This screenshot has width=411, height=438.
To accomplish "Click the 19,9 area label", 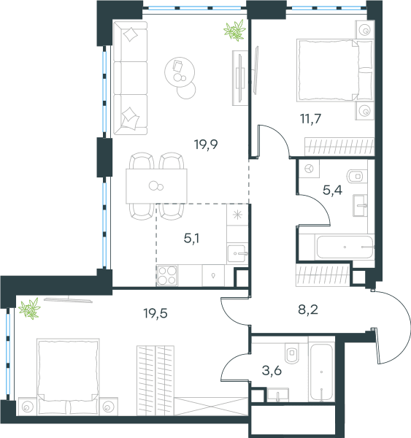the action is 206,145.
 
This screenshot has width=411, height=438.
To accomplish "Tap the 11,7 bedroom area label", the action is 311,119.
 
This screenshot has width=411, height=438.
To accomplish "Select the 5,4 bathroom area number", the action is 332,191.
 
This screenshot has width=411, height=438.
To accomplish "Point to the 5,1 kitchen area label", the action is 191,238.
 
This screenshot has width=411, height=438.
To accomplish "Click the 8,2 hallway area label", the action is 308,310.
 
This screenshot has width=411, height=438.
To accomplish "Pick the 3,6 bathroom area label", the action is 272,371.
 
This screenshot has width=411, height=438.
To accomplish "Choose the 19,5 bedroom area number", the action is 155,313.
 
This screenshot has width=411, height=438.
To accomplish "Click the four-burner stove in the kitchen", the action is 167,275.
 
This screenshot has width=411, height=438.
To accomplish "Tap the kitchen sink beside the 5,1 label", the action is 237,253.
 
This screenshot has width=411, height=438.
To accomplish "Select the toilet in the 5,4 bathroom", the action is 356,176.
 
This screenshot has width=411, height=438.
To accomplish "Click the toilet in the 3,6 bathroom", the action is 292,353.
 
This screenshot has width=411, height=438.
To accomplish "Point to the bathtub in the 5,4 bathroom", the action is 345,247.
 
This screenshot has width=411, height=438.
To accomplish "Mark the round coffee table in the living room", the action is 180,72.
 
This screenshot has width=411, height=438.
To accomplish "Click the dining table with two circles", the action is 156,186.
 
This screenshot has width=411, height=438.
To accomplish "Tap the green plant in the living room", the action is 234,30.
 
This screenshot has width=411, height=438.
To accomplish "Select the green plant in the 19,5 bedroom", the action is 29,309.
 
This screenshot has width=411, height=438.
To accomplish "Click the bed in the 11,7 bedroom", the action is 335,70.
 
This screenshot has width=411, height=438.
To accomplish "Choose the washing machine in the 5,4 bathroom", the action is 309,169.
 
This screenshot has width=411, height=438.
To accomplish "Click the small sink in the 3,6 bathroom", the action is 277,395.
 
